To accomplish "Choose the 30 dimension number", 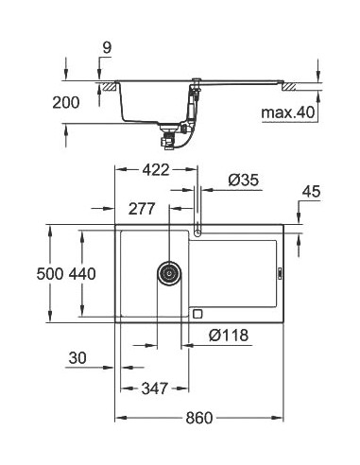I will tap(77, 358).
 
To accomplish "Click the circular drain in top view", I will tap(168, 273).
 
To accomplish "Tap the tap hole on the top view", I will tap(197, 231).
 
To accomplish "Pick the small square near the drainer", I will tap(197, 314).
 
